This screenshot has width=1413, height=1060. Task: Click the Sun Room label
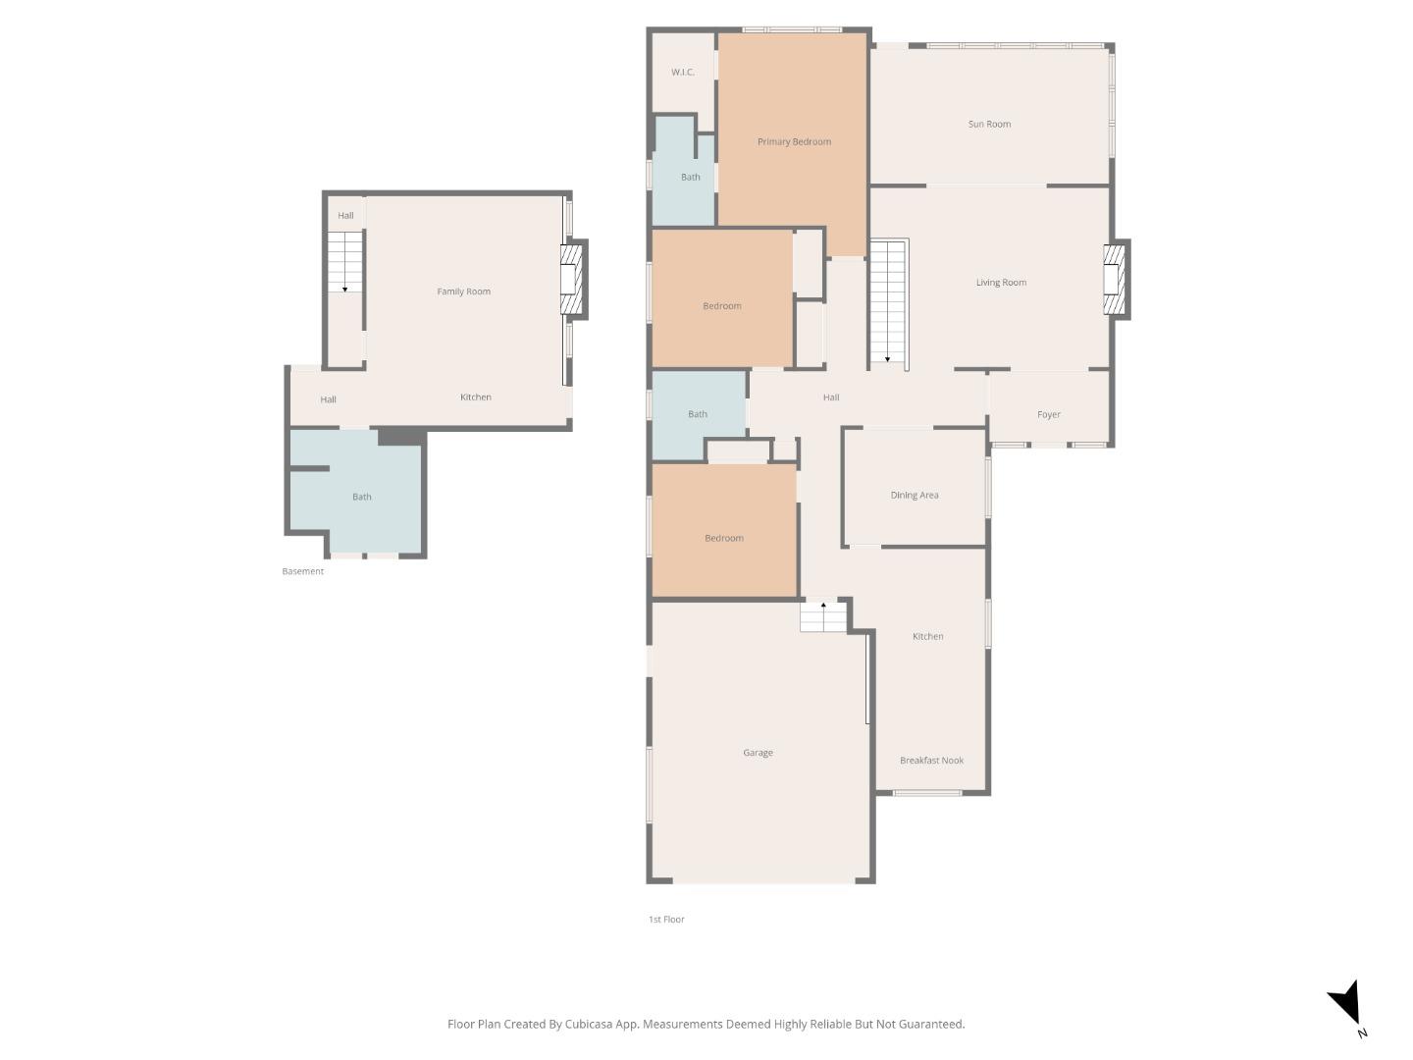pos(989,125)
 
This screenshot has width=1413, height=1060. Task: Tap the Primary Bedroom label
pos(794,142)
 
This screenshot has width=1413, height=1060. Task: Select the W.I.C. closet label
pos(683,73)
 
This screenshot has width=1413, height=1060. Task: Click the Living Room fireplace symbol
pos(1114,280)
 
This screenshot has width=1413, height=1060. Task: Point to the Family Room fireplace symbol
pos(570,280)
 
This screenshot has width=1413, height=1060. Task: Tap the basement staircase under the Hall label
pos(344,261)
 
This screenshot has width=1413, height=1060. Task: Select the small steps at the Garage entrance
pos(823,616)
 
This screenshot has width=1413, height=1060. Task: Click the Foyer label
pos(1048,415)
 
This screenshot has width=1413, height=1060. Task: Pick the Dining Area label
pos(915,496)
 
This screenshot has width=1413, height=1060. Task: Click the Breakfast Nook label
pos(931,761)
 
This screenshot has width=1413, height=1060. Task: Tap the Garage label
pos(758,754)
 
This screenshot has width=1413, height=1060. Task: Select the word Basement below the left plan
pos(302,572)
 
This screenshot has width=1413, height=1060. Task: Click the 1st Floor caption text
pos(666,920)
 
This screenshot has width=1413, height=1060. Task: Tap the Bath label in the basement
pos(362,498)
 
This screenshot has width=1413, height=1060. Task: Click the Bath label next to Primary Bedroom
pos(691,178)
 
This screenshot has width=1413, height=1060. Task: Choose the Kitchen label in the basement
pos(476,397)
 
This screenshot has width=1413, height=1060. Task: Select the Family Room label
pos(463,291)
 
